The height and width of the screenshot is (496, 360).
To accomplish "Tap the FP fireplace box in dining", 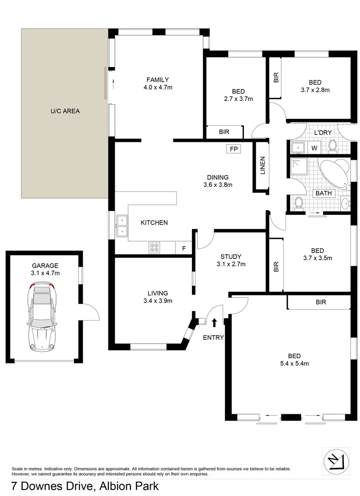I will point(233,149).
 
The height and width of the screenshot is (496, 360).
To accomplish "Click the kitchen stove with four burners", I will point(154,248).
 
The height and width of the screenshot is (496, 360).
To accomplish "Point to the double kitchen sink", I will point(122,226).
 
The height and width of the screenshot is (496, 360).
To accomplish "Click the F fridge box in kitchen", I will point(184,248).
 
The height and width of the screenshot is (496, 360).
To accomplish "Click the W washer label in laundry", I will point(315,148).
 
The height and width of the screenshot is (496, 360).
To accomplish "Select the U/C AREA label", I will point(65,111).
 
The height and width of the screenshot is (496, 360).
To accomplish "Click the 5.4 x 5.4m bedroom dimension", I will point(294,364).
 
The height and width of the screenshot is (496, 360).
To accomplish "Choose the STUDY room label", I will point(231,257).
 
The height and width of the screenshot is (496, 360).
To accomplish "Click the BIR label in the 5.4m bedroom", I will point(321,302).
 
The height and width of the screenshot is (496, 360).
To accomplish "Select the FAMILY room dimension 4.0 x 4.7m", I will point(157,87).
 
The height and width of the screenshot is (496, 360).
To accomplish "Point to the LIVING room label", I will point(157,293).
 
